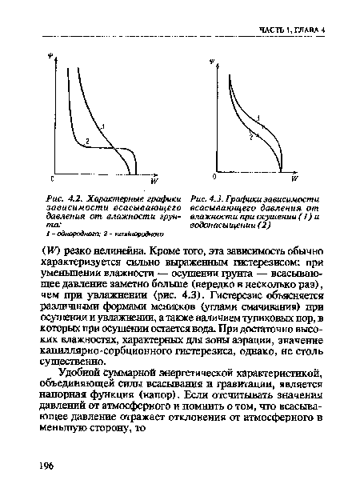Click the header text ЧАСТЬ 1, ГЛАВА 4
pos(297,30)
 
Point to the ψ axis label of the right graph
pos(212,61)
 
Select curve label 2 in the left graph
pos(87,141)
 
